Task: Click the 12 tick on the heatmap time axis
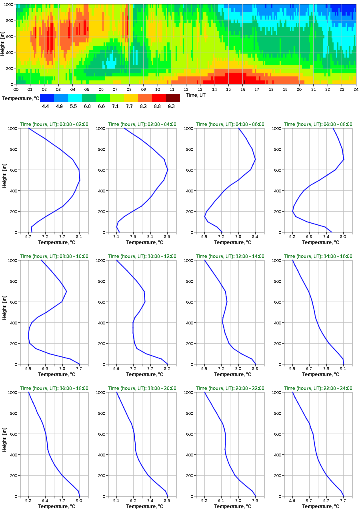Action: [186, 89]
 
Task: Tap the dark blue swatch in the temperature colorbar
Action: [47, 98]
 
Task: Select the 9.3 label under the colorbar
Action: [172, 106]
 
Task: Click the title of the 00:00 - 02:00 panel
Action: [54, 124]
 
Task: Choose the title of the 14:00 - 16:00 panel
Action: [318, 256]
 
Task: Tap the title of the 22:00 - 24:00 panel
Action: [318, 388]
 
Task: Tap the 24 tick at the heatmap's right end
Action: [356, 89]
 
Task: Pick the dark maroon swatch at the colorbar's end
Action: [173, 98]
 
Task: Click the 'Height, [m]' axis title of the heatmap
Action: [3, 44]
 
